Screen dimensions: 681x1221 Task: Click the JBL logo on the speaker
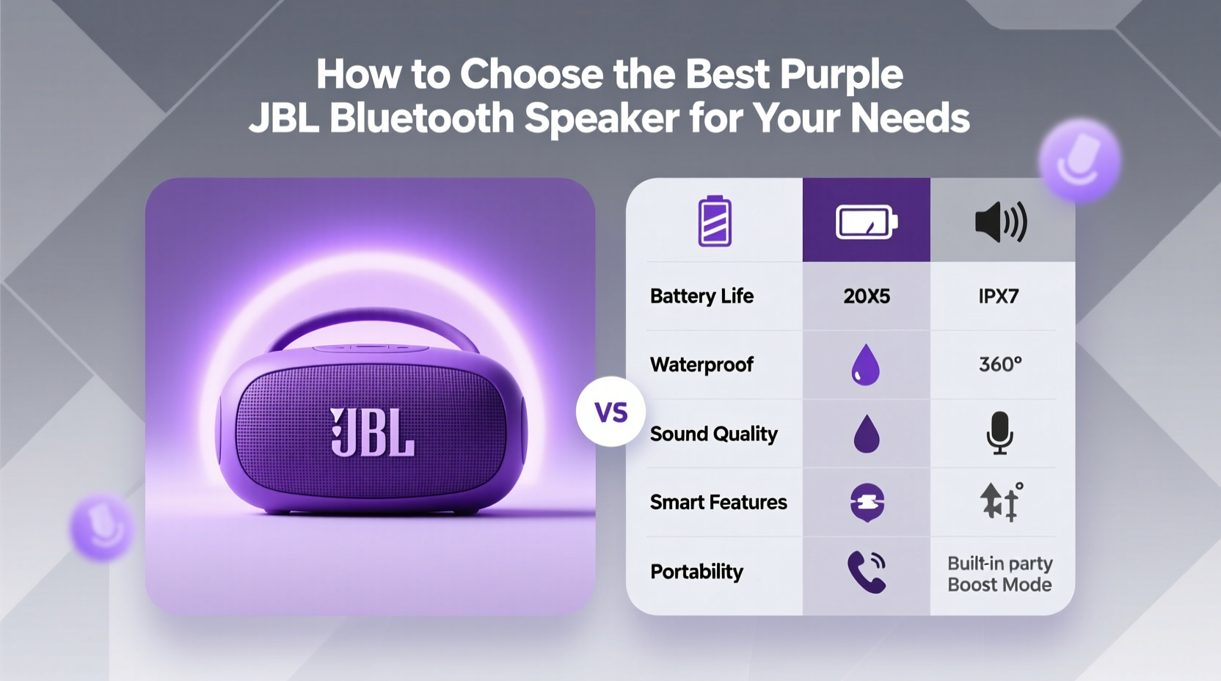pyautogui.click(x=373, y=432)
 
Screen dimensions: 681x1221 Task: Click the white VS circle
pyautogui.click(x=610, y=412)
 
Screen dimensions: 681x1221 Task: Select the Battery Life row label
pyautogui.click(x=701, y=296)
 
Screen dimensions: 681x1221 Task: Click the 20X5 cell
pyautogui.click(x=867, y=296)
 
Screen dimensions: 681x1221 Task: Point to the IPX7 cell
pyautogui.click(x=998, y=296)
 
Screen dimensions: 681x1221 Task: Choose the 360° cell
pyautogui.click(x=1000, y=364)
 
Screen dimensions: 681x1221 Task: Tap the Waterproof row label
pyautogui.click(x=701, y=365)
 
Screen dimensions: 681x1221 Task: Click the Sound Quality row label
pyautogui.click(x=713, y=434)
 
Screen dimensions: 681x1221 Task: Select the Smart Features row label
pyautogui.click(x=718, y=502)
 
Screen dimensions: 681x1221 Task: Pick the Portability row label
pyautogui.click(x=696, y=571)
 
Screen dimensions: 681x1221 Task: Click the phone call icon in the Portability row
pyautogui.click(x=867, y=571)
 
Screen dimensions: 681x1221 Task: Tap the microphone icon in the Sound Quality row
pyautogui.click(x=999, y=433)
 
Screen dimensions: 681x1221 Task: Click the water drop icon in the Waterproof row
pyautogui.click(x=865, y=365)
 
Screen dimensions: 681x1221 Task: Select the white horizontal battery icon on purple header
pyautogui.click(x=867, y=222)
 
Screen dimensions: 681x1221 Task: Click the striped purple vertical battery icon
pyautogui.click(x=714, y=221)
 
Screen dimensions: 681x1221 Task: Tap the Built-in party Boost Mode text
pyautogui.click(x=999, y=574)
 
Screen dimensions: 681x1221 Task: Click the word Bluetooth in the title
pyautogui.click(x=422, y=118)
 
